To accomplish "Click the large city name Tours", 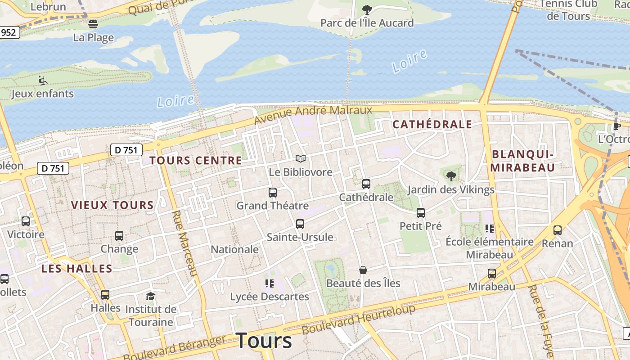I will (264, 341).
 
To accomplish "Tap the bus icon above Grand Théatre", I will (272, 193).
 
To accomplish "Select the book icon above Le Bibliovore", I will (300, 158).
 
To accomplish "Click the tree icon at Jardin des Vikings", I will (451, 176).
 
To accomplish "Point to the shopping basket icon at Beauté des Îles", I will (363, 270).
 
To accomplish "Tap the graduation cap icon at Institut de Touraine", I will (150, 296).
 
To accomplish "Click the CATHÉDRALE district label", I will (432, 125).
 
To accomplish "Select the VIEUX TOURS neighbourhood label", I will (112, 205).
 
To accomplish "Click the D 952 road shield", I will (9, 32).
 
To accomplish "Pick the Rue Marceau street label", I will (185, 243).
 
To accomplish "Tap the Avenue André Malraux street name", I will (313, 114).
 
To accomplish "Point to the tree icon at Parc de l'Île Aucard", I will (367, 9).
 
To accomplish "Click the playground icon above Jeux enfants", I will (43, 80).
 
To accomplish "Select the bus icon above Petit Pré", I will (420, 212).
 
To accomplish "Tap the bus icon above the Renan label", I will (558, 230).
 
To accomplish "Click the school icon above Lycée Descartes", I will (269, 283).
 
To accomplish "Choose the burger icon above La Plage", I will (93, 24).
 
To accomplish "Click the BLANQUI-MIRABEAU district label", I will (522, 161).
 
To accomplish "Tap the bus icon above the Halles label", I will (105, 295).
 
